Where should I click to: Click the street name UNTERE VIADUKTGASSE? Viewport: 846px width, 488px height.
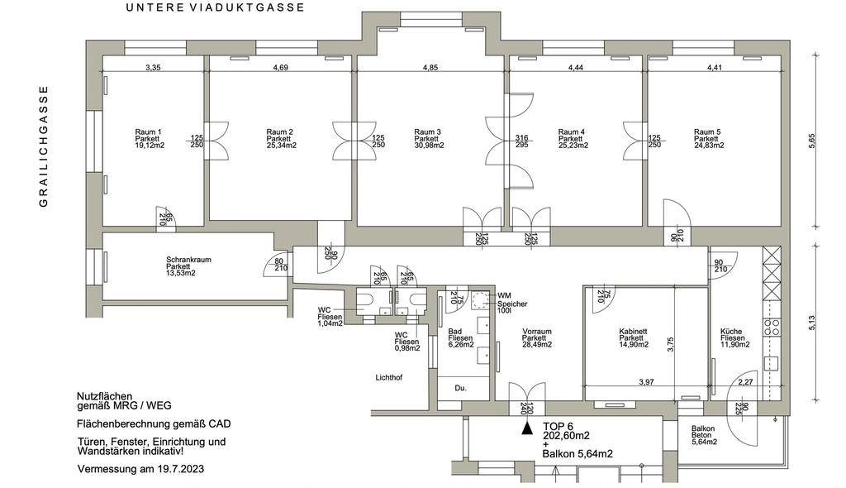coord(215,7)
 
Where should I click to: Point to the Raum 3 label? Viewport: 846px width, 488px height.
coord(427,132)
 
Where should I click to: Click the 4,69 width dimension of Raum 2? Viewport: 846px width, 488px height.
coord(280,68)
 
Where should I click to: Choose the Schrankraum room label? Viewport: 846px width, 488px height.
coord(188,260)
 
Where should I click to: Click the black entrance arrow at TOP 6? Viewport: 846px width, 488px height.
coord(525,428)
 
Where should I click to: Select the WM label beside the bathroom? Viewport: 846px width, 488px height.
coord(504,295)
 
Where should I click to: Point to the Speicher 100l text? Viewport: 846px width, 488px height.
coord(511,309)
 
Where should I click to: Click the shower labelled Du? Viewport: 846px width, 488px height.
coord(461,387)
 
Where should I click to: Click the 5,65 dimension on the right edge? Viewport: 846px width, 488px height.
coord(811,141)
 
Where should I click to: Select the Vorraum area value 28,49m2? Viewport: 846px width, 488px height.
coord(536,345)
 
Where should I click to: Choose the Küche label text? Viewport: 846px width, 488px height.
coord(731,330)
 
